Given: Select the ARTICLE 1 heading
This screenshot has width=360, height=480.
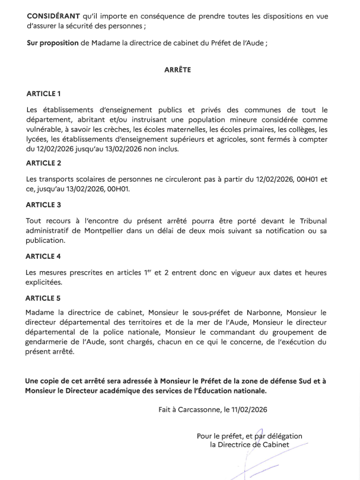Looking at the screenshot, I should click(44, 94).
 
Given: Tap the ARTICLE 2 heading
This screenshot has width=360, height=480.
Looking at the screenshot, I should click(44, 163).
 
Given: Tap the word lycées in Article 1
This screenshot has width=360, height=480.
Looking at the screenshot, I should click(39, 139).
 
